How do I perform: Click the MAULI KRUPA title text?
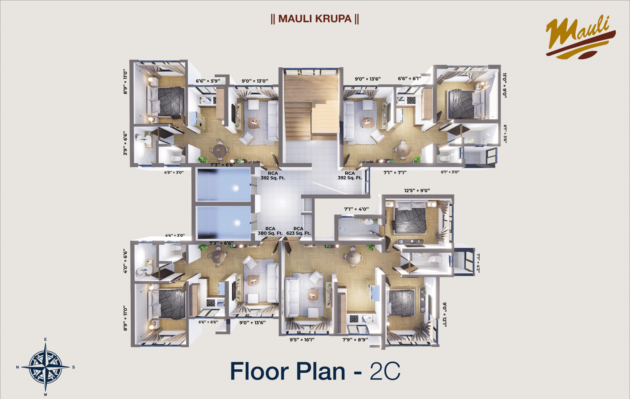coord(315,19)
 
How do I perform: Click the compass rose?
coord(45,367)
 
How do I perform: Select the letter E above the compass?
coord(46,339)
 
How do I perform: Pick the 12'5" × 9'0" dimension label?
coord(417,191)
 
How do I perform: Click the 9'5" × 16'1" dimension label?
coord(302,340)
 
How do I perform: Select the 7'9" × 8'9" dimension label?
coord(355,340)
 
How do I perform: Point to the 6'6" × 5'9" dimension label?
coord(208,81)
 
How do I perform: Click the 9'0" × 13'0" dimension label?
coord(255,81)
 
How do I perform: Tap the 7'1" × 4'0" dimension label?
coord(356,209)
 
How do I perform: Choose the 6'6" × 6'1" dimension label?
coord(409,79)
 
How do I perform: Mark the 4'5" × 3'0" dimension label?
coord(174,173)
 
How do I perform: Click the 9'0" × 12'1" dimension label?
coord(444,315)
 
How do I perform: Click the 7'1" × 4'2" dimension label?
coord(478,263)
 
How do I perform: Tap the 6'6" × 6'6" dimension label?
coord(208,322)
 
